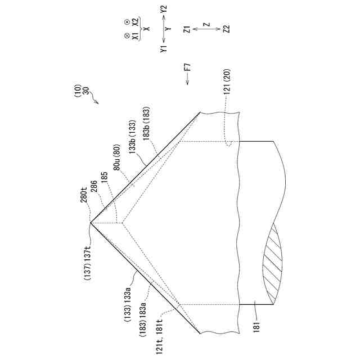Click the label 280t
(x=84, y=195)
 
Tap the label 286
(x=94, y=186)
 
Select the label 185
(x=105, y=177)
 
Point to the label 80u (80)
(x=117, y=157)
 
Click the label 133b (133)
(x=133, y=137)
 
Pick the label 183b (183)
(x=146, y=124)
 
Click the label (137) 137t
(x=88, y=263)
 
